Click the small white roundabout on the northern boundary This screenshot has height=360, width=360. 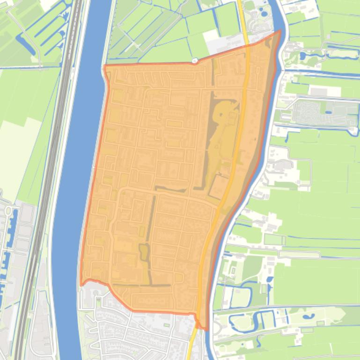point(195,61)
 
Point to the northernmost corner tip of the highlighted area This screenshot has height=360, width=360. point(280,31)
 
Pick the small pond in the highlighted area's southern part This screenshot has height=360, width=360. point(144,252)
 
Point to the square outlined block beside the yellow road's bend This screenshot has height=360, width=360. point(218,186)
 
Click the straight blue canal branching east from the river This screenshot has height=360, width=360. point(318,72)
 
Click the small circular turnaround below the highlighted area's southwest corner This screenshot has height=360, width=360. point(96,293)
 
